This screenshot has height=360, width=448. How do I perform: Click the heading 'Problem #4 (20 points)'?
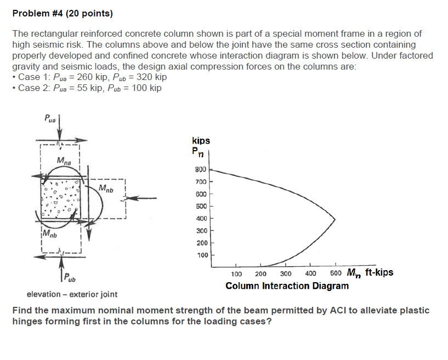coord(63,13)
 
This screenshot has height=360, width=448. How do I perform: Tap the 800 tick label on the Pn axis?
coord(201,169)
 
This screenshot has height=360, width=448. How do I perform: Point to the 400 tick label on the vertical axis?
coord(201,219)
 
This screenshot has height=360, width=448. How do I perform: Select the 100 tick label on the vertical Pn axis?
coord(202,255)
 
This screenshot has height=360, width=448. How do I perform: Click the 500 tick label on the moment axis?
coord(336,273)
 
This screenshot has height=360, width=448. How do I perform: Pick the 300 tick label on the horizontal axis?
coord(286,274)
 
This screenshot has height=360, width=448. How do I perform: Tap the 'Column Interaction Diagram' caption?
coord(287,286)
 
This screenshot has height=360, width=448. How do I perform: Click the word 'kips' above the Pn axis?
coord(201,140)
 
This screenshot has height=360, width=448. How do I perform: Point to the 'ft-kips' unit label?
coord(379,272)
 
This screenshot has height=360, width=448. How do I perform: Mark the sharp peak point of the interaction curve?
coord(335,219)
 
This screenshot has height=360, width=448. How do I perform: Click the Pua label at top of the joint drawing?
coord(50,118)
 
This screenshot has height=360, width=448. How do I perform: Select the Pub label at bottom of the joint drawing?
coord(70,277)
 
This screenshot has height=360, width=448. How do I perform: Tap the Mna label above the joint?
coord(64,161)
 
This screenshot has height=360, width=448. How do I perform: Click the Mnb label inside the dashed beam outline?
coord(106,188)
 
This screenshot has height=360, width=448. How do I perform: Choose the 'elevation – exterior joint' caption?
coord(72,294)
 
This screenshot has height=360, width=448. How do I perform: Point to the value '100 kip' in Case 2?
coord(146,88)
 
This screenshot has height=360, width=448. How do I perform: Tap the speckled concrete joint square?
coord(61,199)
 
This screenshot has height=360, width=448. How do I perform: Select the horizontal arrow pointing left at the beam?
coord(140,198)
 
